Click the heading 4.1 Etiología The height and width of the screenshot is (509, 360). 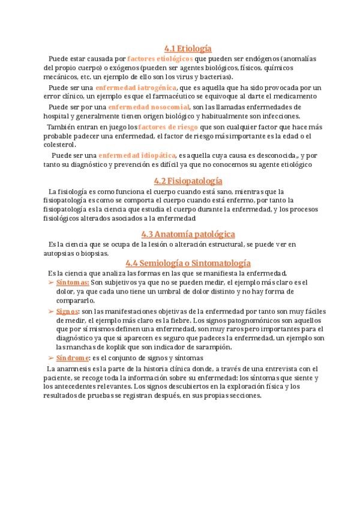pos(188,49)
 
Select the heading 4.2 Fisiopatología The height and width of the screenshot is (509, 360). pos(188,180)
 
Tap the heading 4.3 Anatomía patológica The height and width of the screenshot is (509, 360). pos(188,233)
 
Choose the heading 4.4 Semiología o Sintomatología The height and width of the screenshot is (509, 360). pos(188,263)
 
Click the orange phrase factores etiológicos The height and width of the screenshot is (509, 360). pos(160,59)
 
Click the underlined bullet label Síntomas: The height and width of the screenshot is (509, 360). pos(73,282)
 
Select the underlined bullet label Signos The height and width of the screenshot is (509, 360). pos(67,312)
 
